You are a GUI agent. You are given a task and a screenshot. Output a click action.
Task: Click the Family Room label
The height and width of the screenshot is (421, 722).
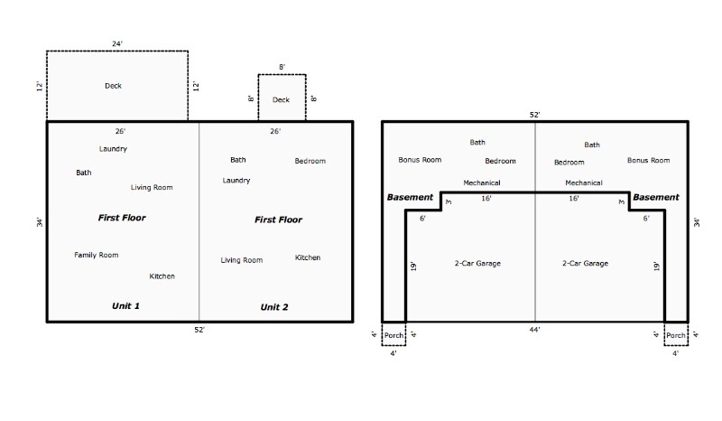pyautogui.click(x=96, y=255)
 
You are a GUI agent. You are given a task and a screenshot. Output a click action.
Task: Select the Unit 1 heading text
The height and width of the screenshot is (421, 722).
pyautogui.click(x=125, y=306)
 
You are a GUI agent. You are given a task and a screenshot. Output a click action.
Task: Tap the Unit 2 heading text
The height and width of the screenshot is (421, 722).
pyautogui.click(x=274, y=307)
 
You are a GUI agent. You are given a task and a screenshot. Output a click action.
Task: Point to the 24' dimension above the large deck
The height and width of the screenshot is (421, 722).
pyautogui.click(x=117, y=42)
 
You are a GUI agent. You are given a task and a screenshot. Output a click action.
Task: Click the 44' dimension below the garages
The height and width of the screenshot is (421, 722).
pyautogui.click(x=535, y=331)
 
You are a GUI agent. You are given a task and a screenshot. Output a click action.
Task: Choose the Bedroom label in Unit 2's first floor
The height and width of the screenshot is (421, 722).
pyautogui.click(x=310, y=161)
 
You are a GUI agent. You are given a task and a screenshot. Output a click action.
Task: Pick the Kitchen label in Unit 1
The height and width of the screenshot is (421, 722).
pyautogui.click(x=162, y=276)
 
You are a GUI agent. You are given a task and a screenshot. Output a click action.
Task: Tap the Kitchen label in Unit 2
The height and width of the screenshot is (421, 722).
pyautogui.click(x=308, y=257)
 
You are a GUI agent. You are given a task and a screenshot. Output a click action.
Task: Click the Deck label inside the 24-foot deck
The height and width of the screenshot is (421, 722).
pyautogui.click(x=113, y=86)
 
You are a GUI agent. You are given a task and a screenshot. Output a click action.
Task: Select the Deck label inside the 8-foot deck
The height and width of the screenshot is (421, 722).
pyautogui.click(x=282, y=99)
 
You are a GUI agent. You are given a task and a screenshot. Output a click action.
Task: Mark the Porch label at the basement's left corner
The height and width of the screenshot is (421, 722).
pyautogui.click(x=393, y=335)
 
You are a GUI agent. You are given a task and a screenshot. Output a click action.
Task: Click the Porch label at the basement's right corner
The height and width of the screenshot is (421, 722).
pyautogui.click(x=676, y=335)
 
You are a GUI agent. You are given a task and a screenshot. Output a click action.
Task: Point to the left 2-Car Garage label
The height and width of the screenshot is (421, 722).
pyautogui.click(x=477, y=263)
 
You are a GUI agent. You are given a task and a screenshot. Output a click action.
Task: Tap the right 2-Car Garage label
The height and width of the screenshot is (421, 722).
pyautogui.click(x=585, y=263)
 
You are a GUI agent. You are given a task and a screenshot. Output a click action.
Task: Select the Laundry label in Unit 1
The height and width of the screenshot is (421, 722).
pyautogui.click(x=113, y=148)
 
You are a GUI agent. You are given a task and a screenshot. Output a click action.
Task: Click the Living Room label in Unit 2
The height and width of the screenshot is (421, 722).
pyautogui.click(x=242, y=260)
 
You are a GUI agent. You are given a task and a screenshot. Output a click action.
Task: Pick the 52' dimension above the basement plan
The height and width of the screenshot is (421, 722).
pyautogui.click(x=535, y=115)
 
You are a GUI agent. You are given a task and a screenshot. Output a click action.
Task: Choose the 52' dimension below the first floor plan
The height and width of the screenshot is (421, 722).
pyautogui.click(x=199, y=330)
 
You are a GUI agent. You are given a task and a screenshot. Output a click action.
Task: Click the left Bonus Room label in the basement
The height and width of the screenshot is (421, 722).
pyautogui.click(x=420, y=160)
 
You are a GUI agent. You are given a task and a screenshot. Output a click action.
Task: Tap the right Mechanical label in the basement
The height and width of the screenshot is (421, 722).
pyautogui.click(x=584, y=182)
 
